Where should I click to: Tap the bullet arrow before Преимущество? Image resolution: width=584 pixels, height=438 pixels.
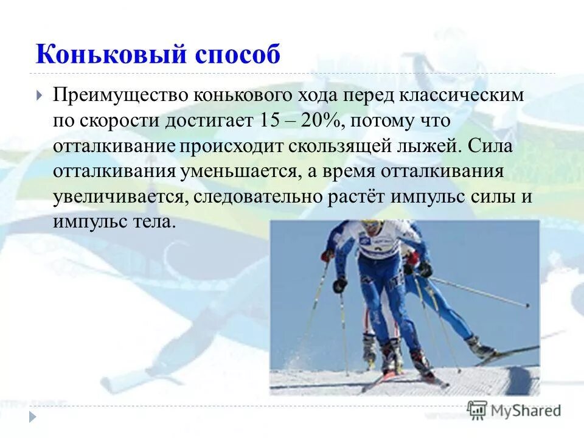(40, 96)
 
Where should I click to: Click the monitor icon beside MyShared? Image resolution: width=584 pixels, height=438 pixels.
(478, 410)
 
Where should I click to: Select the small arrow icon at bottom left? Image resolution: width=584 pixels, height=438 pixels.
(32, 417)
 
